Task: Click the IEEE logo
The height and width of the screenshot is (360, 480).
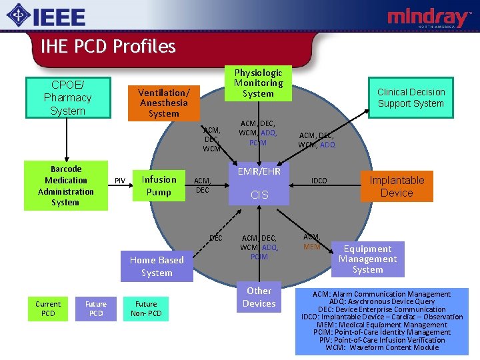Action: tap(47, 16)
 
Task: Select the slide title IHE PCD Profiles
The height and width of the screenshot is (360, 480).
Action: tap(107, 46)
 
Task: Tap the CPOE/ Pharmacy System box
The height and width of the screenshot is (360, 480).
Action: tap(67, 97)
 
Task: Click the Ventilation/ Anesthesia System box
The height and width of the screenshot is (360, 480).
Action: tap(163, 103)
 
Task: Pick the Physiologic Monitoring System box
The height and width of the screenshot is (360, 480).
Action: tap(258, 83)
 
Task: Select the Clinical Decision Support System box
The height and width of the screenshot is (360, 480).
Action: tap(410, 97)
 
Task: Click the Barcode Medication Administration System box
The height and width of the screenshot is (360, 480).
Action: tap(65, 185)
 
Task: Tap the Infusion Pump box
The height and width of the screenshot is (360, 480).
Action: tap(159, 186)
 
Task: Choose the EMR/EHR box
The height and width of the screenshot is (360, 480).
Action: tap(259, 172)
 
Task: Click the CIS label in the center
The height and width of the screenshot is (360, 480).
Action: tap(259, 195)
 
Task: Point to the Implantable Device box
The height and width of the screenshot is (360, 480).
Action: tap(397, 186)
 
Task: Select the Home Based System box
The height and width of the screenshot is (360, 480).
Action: tap(157, 266)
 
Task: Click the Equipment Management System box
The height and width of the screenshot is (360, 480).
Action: tap(367, 259)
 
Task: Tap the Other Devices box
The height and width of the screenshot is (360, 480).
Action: tap(259, 297)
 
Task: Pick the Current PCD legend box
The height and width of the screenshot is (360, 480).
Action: tap(48, 309)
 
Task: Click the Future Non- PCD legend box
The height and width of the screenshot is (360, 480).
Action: tap(146, 309)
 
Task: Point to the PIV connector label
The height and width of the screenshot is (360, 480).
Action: tap(120, 180)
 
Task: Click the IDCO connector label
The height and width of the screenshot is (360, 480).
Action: tap(319, 181)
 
